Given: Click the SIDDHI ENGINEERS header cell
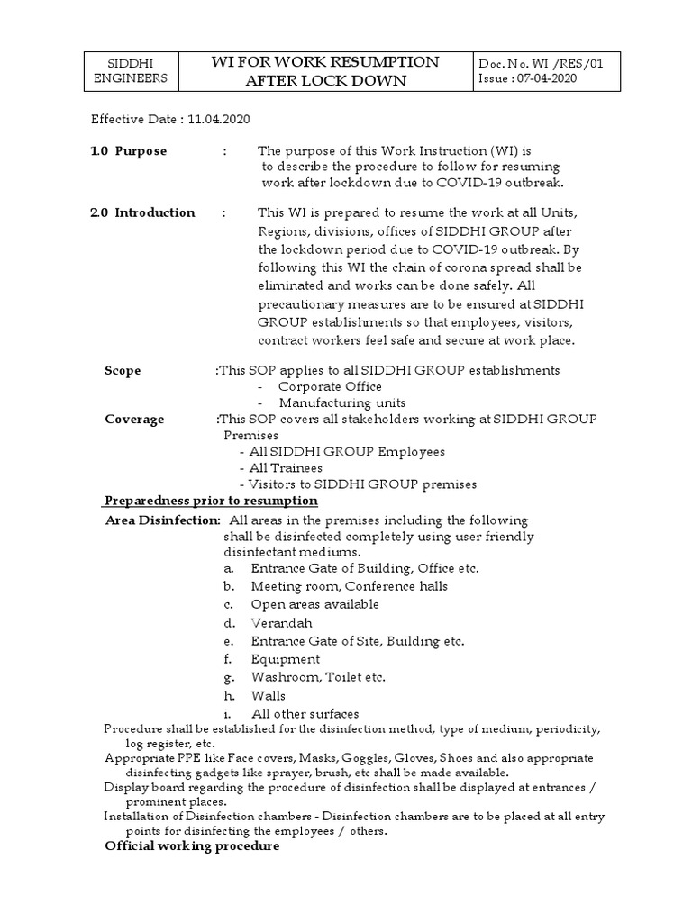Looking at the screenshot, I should [137, 70].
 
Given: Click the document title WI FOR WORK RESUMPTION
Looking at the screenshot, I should [324, 62].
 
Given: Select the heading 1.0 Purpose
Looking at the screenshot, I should [128, 151].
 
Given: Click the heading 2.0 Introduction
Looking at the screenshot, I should [142, 212].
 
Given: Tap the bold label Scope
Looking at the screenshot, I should [123, 370].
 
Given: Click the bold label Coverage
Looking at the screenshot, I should [134, 419].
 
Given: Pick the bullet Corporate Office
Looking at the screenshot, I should [329, 386].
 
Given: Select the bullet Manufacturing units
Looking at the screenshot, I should [341, 402].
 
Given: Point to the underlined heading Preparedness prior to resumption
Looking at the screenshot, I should [212, 501].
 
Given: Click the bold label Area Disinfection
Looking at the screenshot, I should [162, 520].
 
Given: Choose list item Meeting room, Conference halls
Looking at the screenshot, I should [349, 586].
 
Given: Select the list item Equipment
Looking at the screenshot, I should [285, 659].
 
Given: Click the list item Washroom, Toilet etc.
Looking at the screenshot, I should [318, 677].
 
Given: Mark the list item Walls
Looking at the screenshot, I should [268, 695].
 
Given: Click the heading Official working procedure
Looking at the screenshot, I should [192, 846].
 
